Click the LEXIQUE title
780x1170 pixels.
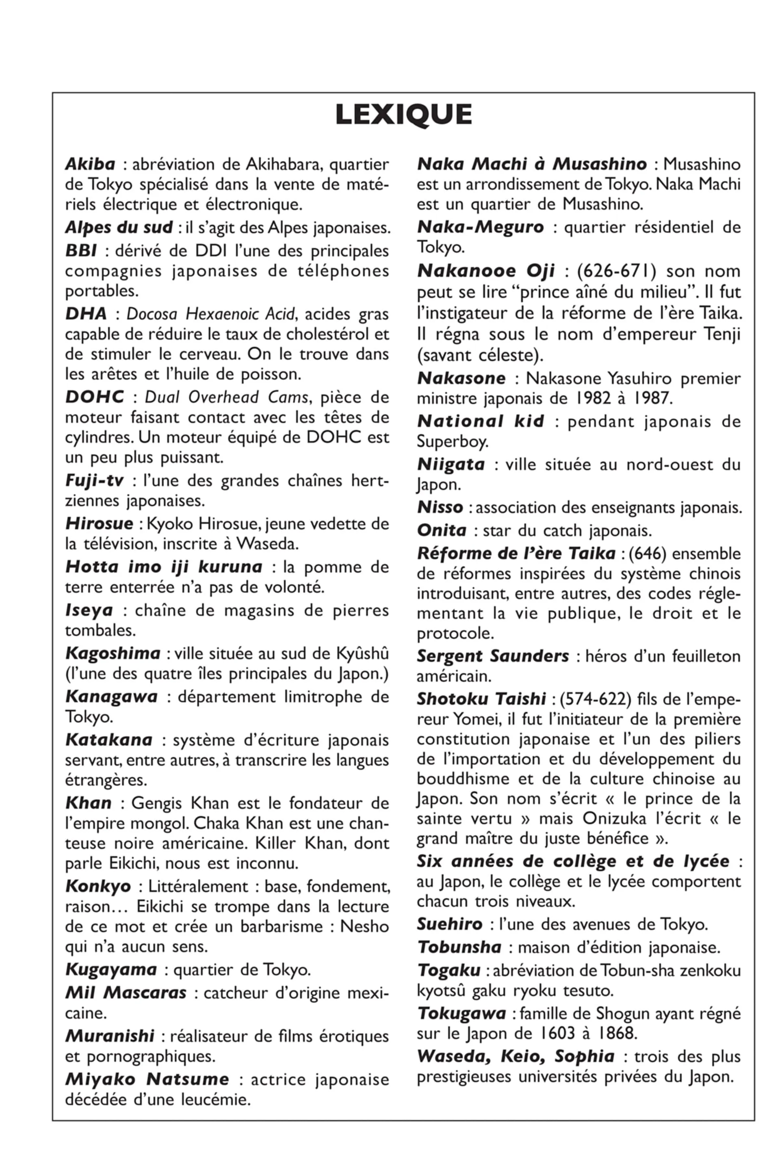(403, 115)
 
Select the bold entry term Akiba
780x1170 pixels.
(90, 164)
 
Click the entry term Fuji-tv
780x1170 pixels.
(94, 480)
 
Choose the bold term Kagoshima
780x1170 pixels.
(113, 653)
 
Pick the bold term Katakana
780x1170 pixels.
(108, 740)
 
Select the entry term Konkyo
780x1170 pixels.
(97, 886)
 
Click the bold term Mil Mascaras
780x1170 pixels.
(126, 993)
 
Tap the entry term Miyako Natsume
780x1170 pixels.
(147, 1079)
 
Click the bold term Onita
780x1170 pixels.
(441, 530)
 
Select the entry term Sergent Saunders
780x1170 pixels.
(492, 656)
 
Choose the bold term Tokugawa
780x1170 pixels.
(461, 1013)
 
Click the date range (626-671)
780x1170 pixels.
(616, 271)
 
